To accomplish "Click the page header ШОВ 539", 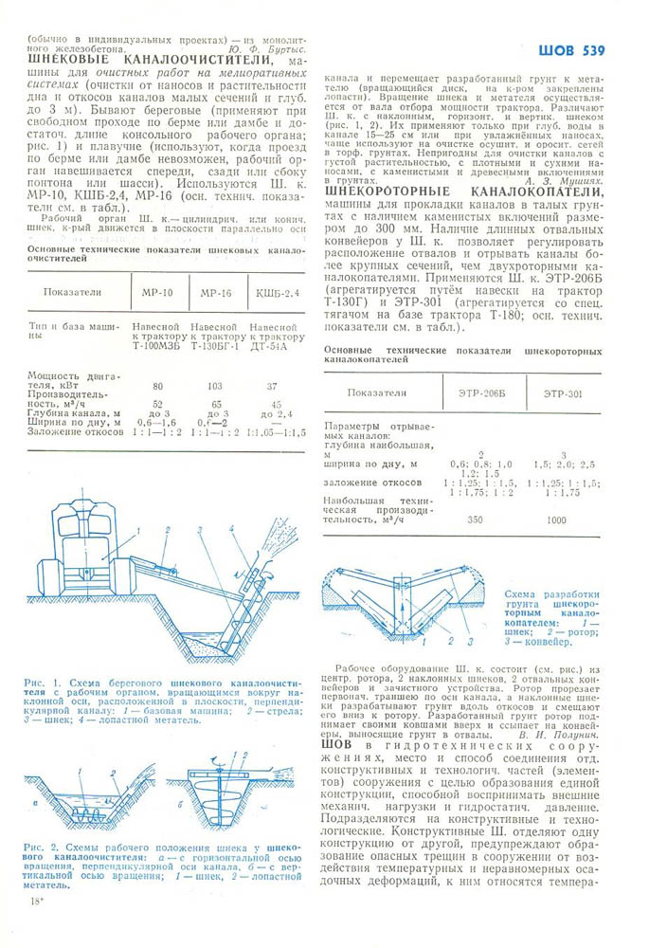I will click(x=571, y=50).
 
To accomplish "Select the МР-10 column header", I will click(x=156, y=293).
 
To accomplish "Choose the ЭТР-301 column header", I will click(x=565, y=392).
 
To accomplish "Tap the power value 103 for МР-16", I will click(x=214, y=386).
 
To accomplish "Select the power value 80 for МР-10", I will click(x=156, y=386).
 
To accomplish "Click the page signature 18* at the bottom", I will click(x=37, y=900).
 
